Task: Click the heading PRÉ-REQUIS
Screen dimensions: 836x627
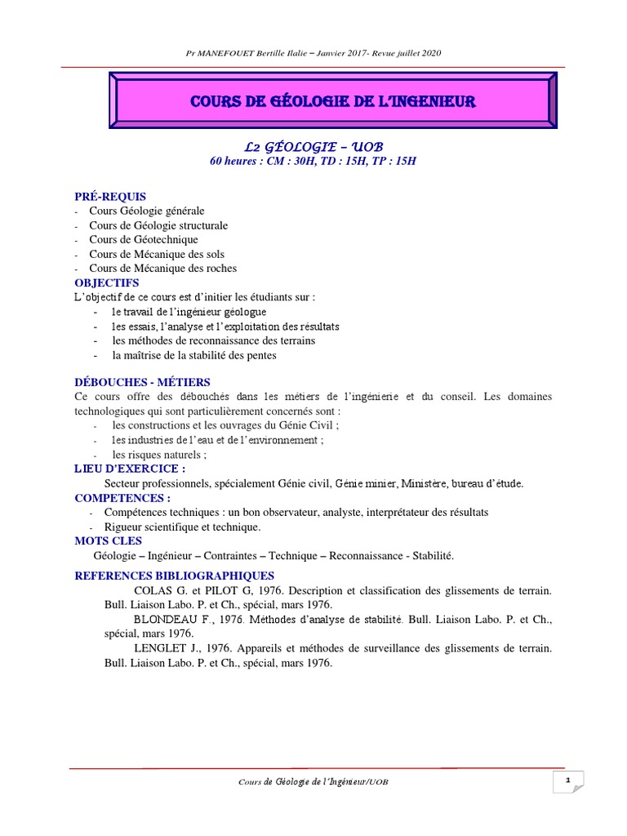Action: point(110,196)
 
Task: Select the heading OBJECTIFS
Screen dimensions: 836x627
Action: point(107,282)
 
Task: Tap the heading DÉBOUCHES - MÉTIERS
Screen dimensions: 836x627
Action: point(142,382)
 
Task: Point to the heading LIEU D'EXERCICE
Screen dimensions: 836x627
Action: point(130,469)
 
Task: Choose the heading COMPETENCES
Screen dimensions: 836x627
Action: point(122,497)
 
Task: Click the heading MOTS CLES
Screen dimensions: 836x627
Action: point(108,540)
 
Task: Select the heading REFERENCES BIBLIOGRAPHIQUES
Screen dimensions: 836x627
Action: point(174,576)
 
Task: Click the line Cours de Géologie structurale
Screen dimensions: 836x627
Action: point(158,225)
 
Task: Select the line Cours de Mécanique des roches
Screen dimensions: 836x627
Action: point(163,268)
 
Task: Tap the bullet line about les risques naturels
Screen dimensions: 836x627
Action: point(159,455)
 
